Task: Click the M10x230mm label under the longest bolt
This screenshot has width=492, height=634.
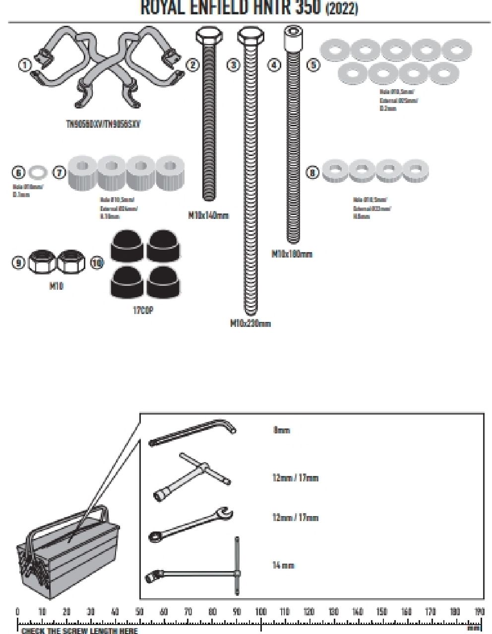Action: click(250, 323)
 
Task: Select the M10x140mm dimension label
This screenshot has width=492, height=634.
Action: click(209, 215)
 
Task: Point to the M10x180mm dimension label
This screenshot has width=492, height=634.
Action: click(292, 254)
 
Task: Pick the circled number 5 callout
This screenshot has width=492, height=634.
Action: click(313, 64)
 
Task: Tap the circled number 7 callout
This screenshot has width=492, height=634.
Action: click(59, 172)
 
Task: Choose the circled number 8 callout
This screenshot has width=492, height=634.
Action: click(312, 172)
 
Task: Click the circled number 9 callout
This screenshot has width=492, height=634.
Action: click(18, 262)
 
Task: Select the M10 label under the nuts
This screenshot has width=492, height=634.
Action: click(57, 286)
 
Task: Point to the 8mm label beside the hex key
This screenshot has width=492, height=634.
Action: click(281, 430)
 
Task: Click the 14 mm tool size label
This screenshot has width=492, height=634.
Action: click(283, 565)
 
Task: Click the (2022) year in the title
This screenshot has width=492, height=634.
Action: click(342, 8)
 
